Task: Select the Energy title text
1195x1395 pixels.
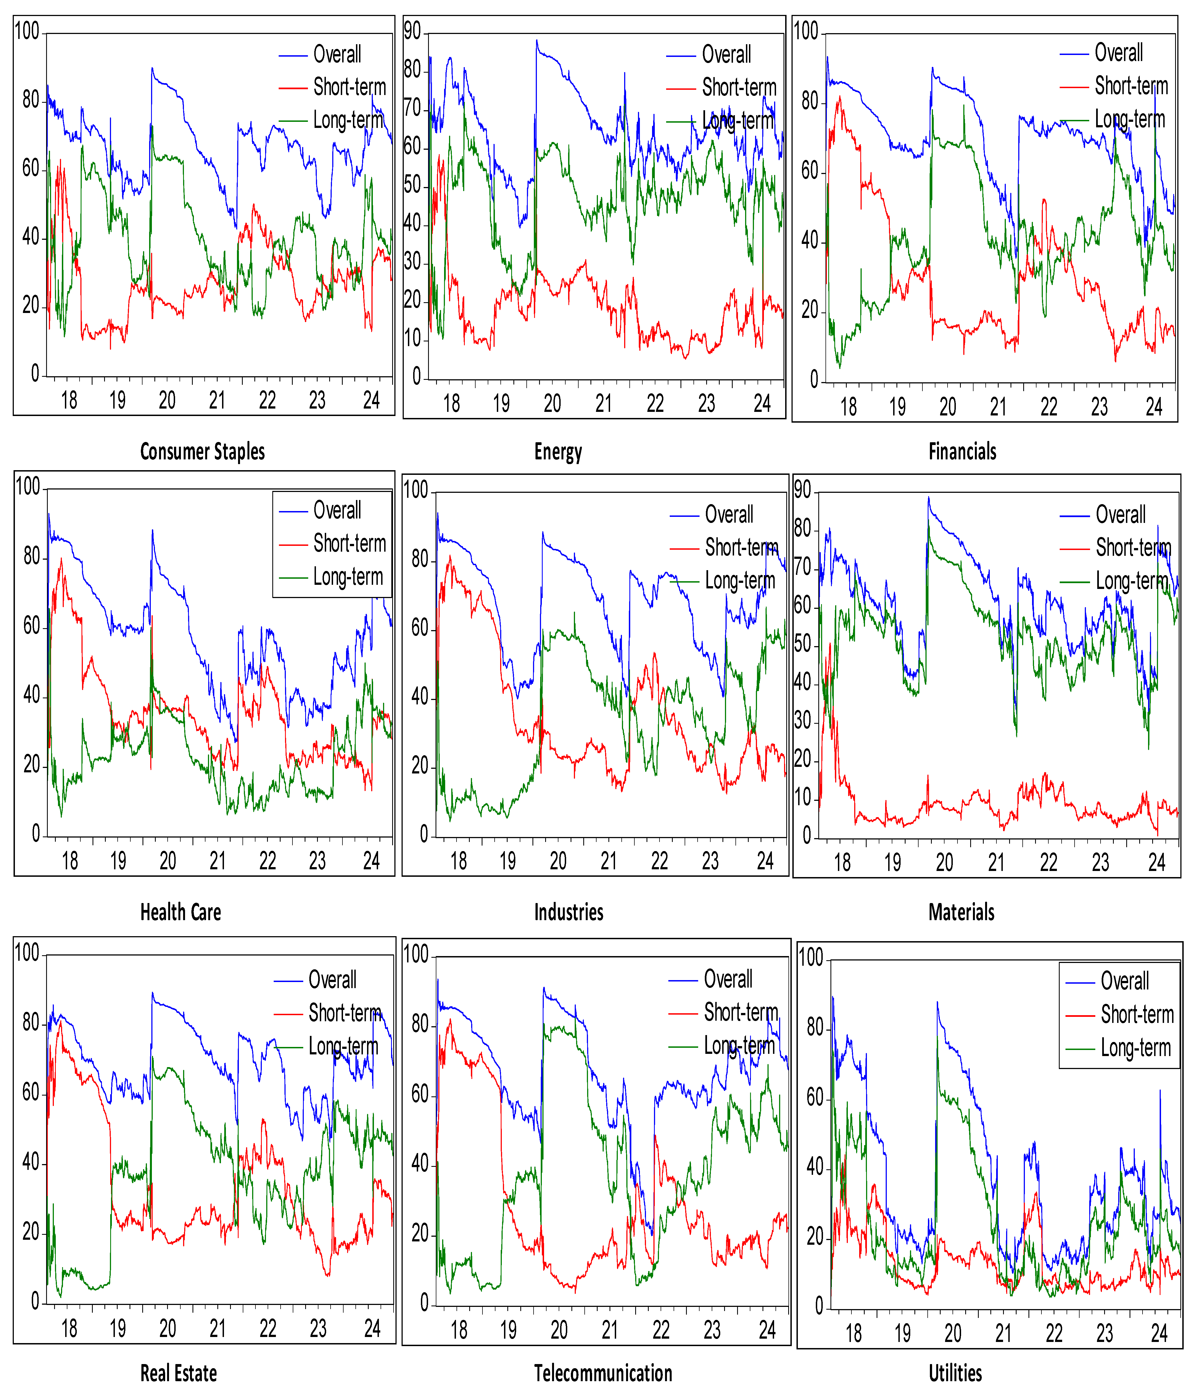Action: pyautogui.click(x=558, y=452)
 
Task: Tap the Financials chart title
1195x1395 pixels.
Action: pyautogui.click(x=962, y=452)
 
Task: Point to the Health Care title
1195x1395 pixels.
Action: pyautogui.click(x=180, y=912)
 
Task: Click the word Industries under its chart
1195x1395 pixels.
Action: pyautogui.click(x=569, y=912)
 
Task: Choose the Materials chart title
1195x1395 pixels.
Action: pyautogui.click(x=961, y=912)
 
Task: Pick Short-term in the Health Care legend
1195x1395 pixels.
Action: pyautogui.click(x=349, y=543)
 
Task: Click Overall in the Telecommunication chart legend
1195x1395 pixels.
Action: pyautogui.click(x=728, y=979)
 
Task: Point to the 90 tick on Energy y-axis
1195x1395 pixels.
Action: pyautogui.click(x=412, y=31)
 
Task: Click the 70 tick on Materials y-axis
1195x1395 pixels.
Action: pyautogui.click(x=803, y=568)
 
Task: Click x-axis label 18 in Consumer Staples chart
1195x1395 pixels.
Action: pyautogui.click(x=69, y=401)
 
